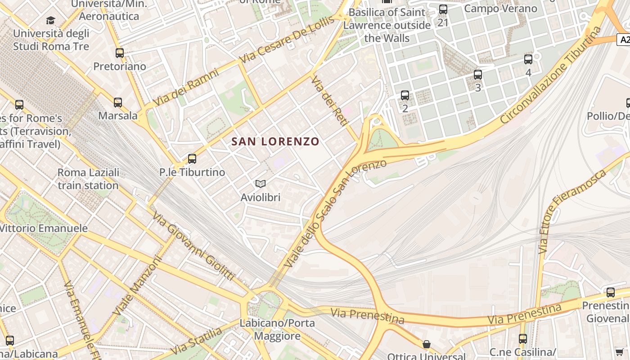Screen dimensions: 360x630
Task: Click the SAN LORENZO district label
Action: pos(275,141)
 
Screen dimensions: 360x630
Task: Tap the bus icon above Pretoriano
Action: pos(120,53)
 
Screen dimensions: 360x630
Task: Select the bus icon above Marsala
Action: pos(118,103)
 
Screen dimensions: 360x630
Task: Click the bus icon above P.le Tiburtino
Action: pos(192,159)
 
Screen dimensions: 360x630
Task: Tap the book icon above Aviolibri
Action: pos(261,184)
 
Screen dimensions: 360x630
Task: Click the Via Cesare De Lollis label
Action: pos(288,40)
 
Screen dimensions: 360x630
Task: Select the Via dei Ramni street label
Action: pos(186,87)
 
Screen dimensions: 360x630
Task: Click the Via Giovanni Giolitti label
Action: pos(194,245)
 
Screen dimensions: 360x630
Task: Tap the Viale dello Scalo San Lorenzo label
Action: pos(335,211)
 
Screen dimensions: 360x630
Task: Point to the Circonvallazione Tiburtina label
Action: pos(551,75)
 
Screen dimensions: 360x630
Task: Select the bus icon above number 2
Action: pos(405,95)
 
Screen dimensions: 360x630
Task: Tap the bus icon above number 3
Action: pos(478,75)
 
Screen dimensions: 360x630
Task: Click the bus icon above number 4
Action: pos(528,59)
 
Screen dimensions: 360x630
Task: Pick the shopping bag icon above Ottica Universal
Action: pos(426,345)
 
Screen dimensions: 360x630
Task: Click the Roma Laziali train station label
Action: pos(88,179)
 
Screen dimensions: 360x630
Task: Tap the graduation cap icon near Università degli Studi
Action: pos(50,20)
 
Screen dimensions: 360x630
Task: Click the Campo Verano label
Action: pos(500,9)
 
